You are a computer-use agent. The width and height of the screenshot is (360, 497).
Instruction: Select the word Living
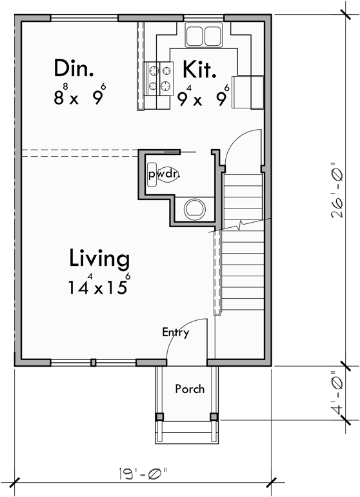click(99, 259)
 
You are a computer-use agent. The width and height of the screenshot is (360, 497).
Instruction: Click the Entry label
click(175, 333)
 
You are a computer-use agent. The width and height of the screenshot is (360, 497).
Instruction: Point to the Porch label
click(190, 389)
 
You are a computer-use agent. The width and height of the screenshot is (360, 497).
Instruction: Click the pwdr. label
click(163, 174)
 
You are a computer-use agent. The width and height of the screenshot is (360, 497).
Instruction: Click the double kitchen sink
click(204, 35)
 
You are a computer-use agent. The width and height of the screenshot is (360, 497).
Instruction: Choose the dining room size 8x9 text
click(79, 96)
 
